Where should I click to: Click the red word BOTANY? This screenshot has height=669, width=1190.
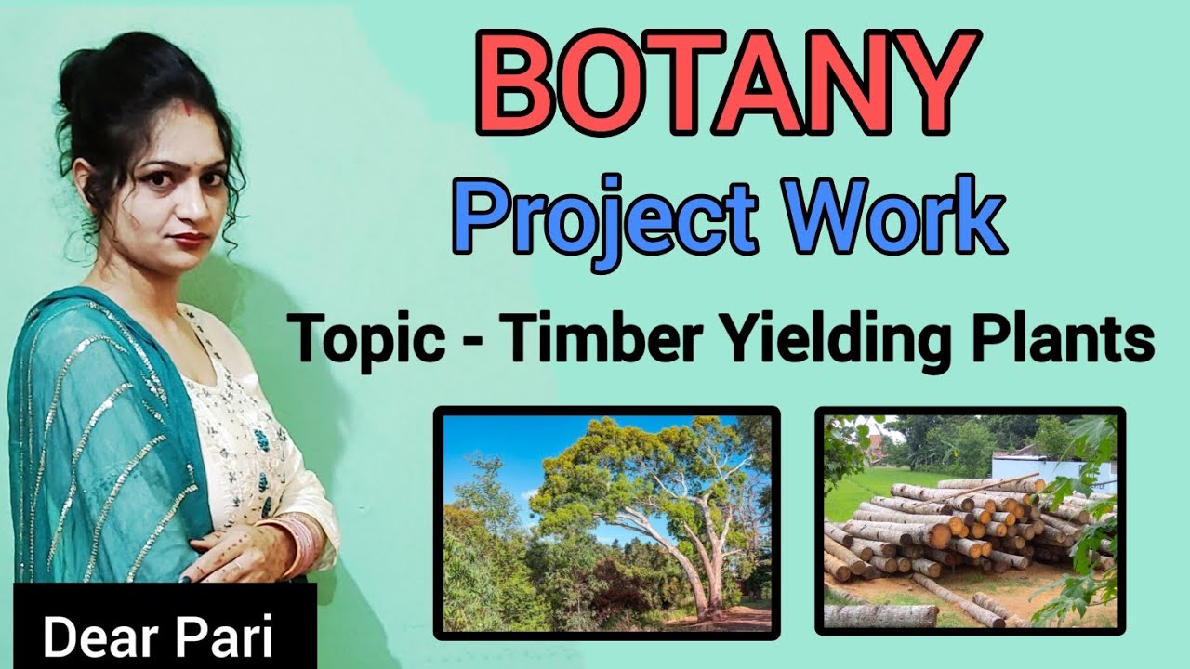coord(731,73)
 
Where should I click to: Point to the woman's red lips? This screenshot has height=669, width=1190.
coord(190,240)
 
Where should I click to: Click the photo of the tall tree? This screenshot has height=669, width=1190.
coord(606,522)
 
